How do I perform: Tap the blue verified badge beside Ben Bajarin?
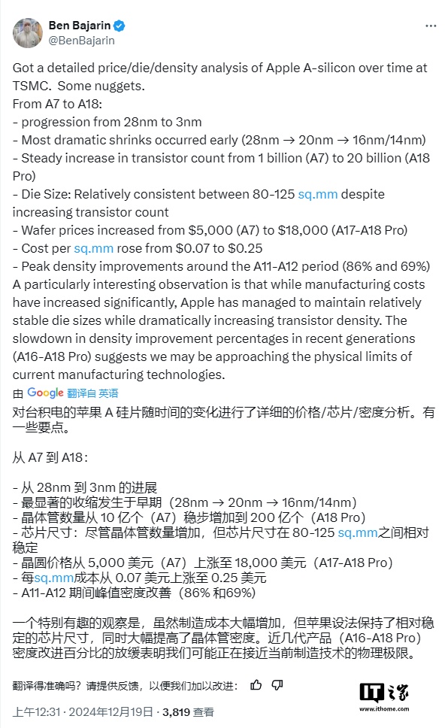120,25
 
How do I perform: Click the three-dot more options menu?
430,25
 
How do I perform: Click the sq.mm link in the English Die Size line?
318,194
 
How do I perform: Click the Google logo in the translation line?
45,393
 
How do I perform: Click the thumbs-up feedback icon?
256,684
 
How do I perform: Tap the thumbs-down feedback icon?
277,684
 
